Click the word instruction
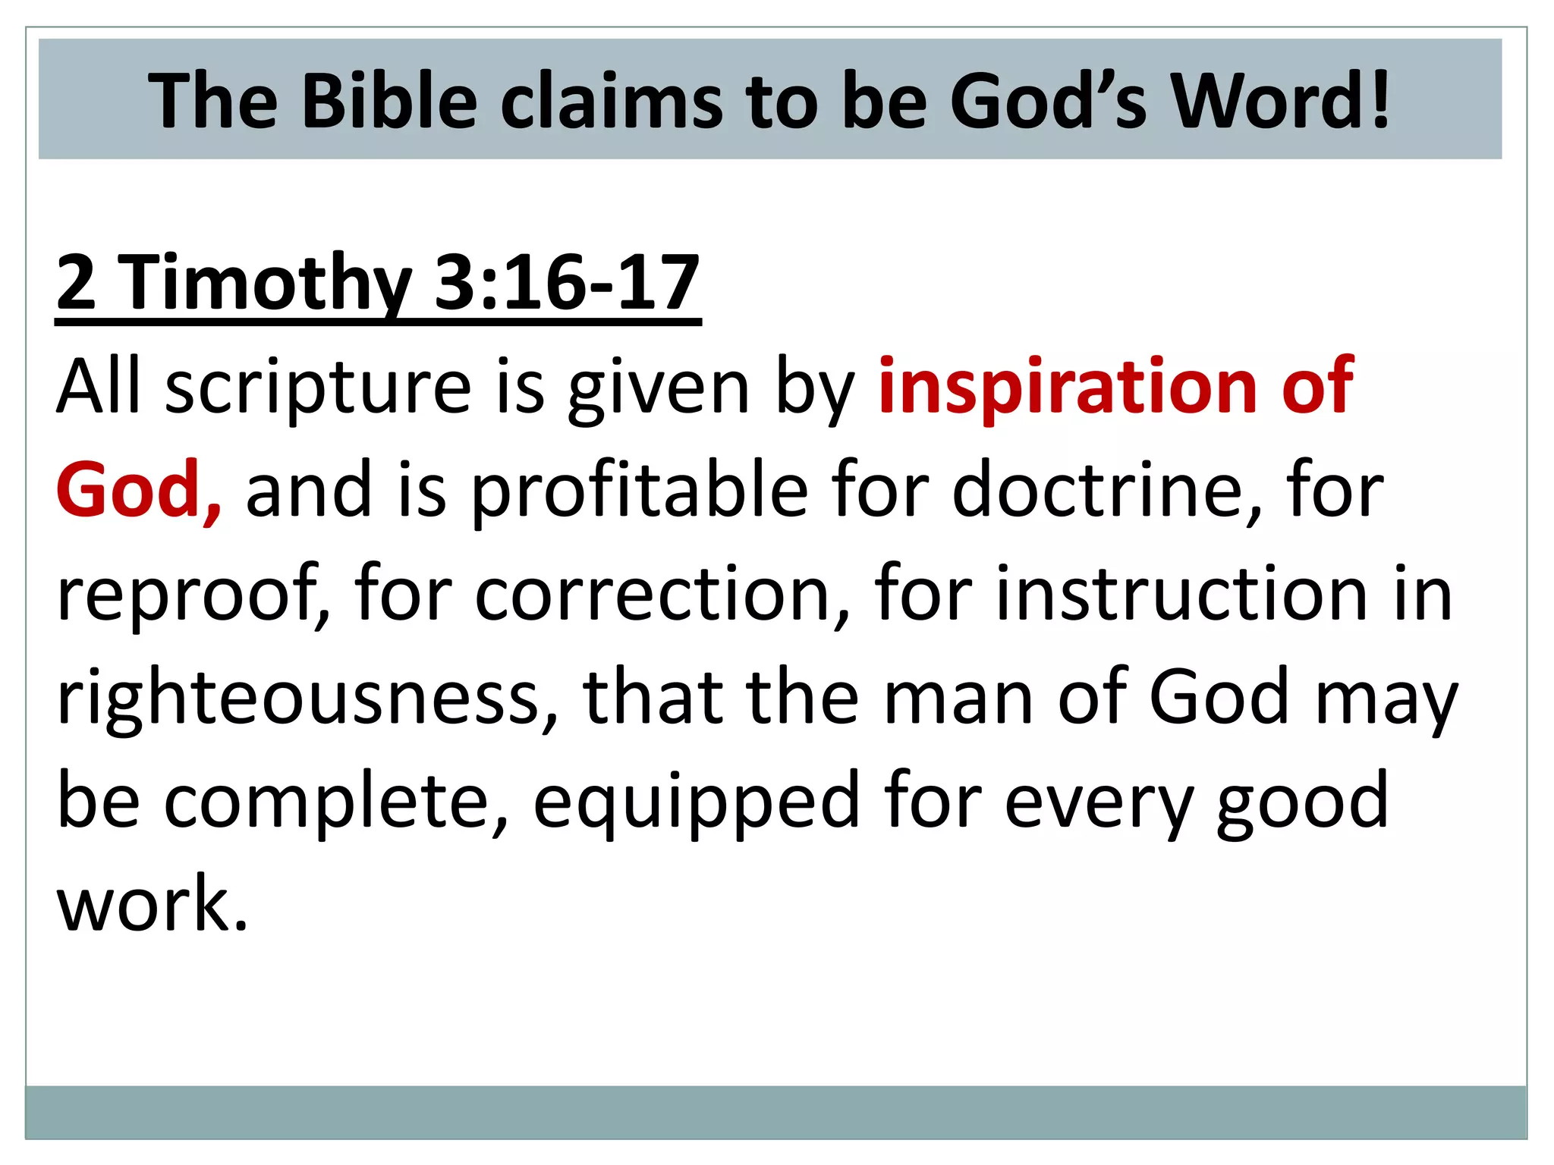pyautogui.click(x=1181, y=594)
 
